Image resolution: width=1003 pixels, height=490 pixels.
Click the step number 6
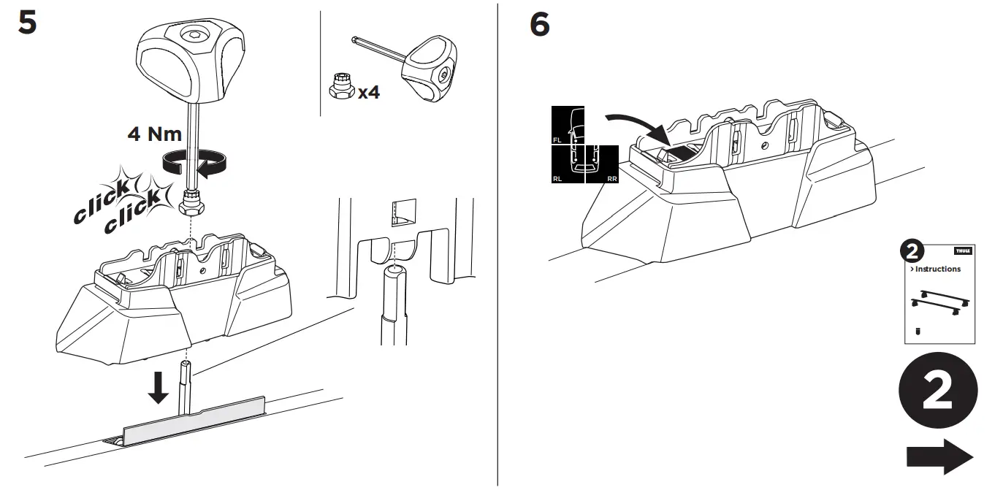click(539, 25)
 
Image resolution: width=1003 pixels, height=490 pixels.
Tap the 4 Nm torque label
click(155, 133)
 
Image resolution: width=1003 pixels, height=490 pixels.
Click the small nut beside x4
click(338, 87)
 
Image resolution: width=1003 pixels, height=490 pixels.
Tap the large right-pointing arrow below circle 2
click(939, 457)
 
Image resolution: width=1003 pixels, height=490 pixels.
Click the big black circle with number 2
click(937, 393)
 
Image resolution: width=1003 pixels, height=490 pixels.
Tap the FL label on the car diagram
click(558, 138)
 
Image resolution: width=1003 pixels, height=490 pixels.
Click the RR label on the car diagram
click(611, 177)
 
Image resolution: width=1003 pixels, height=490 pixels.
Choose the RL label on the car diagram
click(558, 177)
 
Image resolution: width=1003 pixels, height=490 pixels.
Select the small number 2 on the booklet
click(911, 252)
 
